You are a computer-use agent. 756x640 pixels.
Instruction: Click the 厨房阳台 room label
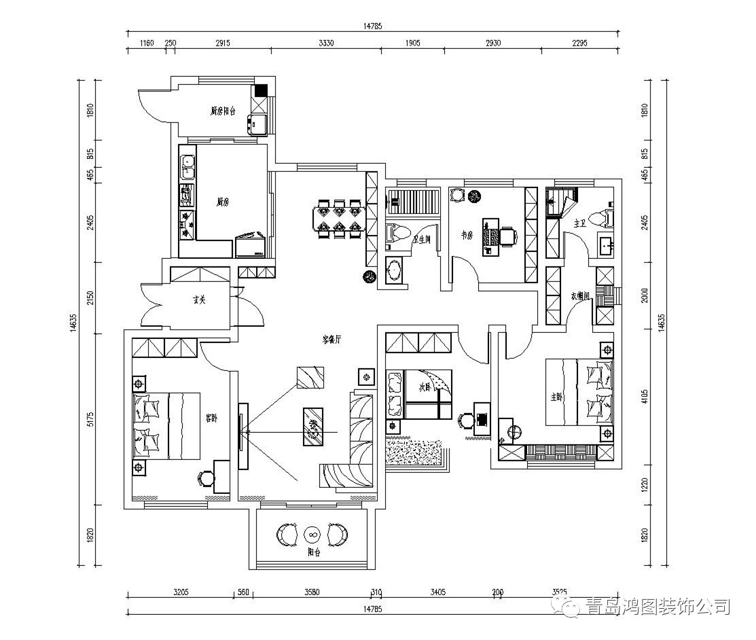coord(223,111)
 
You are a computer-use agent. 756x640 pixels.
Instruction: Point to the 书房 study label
coord(467,235)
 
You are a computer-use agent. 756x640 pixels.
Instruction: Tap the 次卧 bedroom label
coord(426,388)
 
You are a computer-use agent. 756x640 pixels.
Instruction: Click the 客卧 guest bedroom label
coord(211,418)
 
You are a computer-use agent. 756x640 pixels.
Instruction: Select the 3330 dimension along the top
coord(325,43)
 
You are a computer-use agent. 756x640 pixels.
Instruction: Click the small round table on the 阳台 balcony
coord(312,534)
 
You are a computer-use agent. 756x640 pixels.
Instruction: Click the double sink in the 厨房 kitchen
coord(187,168)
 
